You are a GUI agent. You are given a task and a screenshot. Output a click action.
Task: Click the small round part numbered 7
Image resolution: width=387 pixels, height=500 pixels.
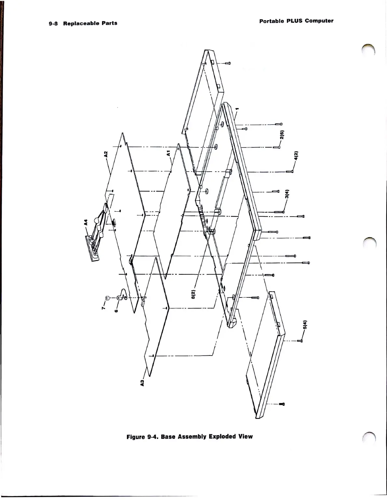pyautogui.click(x=107, y=297)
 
